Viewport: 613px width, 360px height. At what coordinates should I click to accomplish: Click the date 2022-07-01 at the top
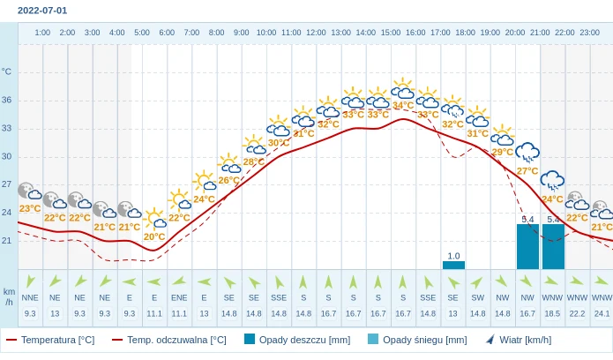[42, 11]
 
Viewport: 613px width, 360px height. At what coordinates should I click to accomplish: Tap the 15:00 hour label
[390, 33]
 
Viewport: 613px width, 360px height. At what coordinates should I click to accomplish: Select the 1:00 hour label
[42, 33]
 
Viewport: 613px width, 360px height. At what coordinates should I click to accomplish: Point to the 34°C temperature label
[403, 105]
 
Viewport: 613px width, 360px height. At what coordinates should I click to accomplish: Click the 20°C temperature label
[154, 236]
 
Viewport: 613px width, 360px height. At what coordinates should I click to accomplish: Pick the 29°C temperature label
[503, 152]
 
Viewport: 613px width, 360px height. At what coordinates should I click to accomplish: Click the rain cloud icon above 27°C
[527, 154]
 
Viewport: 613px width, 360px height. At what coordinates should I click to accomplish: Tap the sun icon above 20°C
[154, 218]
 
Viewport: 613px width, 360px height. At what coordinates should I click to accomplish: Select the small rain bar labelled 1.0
[453, 265]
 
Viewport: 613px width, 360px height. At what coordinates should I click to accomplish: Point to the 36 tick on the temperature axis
[7, 100]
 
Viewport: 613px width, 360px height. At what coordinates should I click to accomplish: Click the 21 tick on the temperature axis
[7, 241]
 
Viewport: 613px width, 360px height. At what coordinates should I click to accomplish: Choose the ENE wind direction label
[179, 298]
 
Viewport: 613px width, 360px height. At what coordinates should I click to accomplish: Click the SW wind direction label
[478, 298]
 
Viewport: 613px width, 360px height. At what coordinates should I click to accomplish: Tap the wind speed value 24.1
[602, 313]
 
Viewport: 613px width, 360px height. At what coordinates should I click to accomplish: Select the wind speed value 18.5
[552, 313]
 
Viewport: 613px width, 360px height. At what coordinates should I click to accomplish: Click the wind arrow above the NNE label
[30, 282]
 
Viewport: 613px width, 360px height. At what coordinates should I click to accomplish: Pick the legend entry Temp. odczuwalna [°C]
[169, 340]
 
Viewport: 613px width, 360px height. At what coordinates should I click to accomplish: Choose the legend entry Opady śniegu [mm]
[412, 340]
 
